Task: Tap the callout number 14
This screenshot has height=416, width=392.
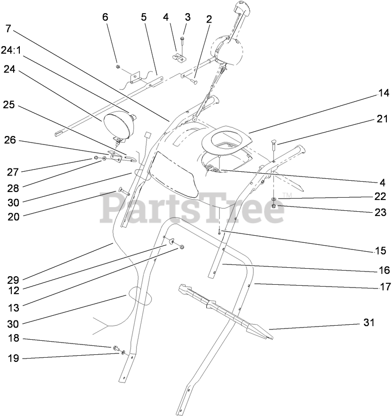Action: [x=383, y=94]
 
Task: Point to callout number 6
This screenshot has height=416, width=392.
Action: [x=105, y=17]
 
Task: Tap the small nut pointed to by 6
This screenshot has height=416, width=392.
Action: [x=117, y=67]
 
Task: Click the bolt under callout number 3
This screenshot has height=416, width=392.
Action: [x=183, y=47]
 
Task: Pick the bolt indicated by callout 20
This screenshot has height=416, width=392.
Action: [x=123, y=191]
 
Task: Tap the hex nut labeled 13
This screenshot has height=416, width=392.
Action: [x=181, y=247]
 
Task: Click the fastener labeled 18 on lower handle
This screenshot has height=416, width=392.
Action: [x=114, y=348]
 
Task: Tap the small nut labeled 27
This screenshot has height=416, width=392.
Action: [x=96, y=158]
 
